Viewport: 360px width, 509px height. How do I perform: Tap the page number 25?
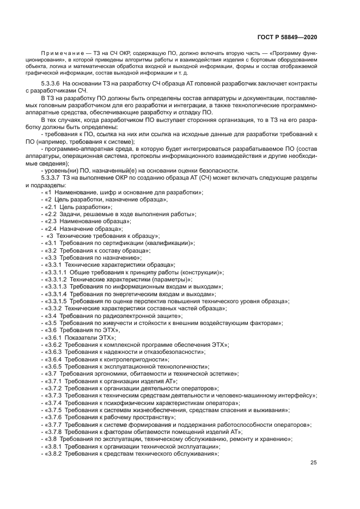(313, 463)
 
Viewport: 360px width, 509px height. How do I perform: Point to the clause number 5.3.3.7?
(52, 178)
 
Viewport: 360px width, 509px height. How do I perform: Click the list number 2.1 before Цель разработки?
(51, 207)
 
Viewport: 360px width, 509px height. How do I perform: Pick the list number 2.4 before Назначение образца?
(51, 229)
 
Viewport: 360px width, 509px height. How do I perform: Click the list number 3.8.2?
(53, 453)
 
